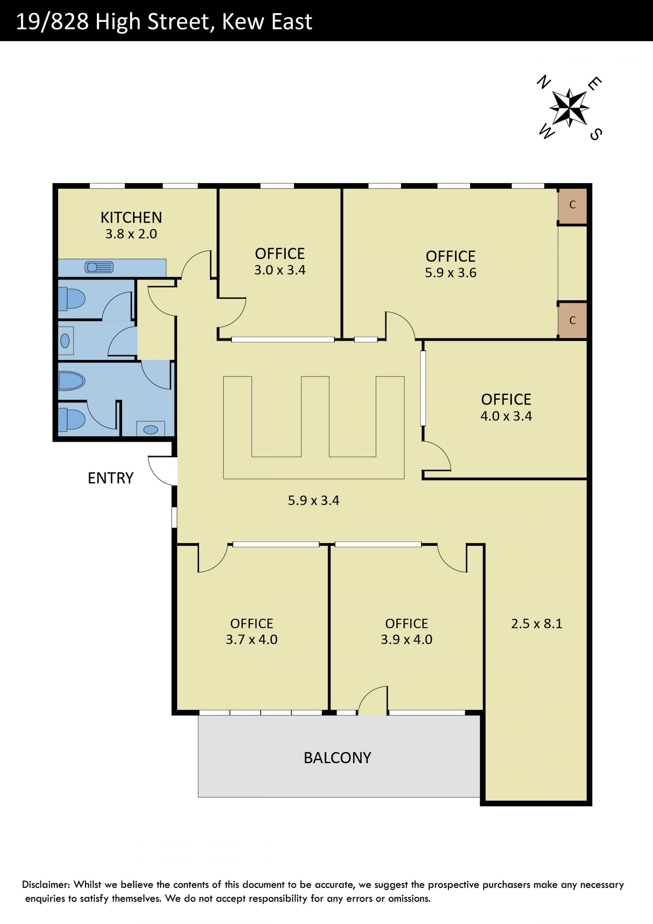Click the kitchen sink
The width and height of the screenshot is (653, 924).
pos(99,267)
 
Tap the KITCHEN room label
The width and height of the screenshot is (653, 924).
pos(131,218)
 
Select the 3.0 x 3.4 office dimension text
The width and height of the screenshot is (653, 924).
pos(280,270)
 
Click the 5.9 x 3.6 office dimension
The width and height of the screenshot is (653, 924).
pos(451,273)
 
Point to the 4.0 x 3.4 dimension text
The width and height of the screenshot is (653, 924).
pos(506,416)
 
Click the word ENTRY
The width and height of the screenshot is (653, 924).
pos(111,478)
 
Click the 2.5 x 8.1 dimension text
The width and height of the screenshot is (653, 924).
pos(537,624)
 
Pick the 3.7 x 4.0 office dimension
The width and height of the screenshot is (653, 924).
pos(251,640)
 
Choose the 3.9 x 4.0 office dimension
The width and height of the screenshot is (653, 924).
pos(406,640)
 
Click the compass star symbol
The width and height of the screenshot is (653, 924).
pos(569,108)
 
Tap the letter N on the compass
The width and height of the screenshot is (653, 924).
pos(544,82)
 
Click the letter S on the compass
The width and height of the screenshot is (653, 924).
pos(596,134)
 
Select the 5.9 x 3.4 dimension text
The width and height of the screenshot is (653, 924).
pos(314,501)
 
